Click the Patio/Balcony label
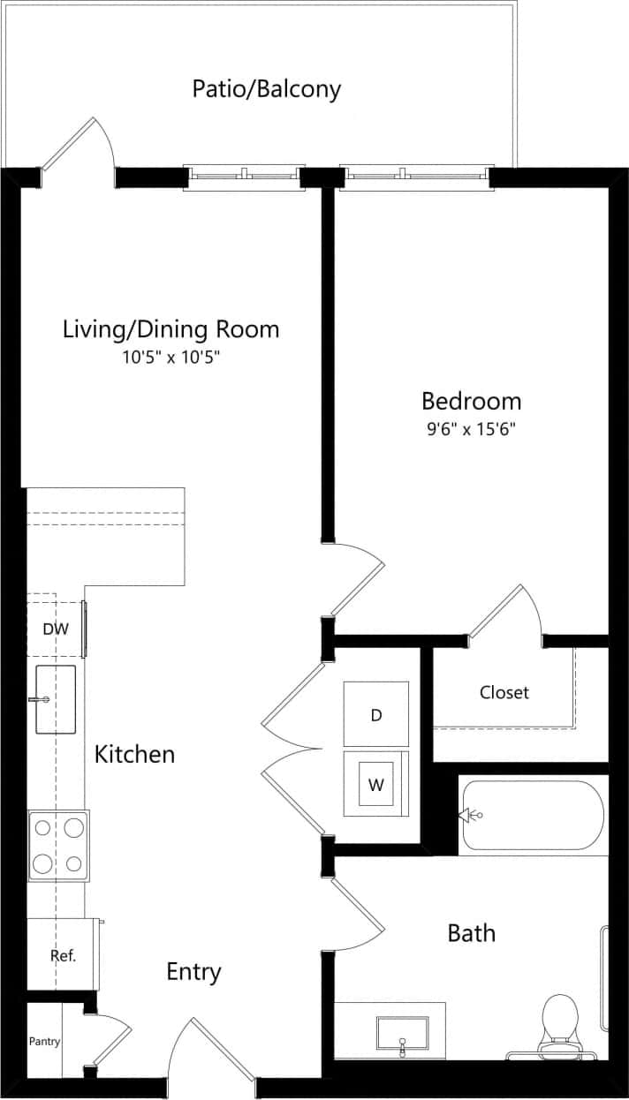[267, 89]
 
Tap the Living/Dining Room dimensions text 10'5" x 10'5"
[171, 358]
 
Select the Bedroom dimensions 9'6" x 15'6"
[470, 430]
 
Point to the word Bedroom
[471, 402]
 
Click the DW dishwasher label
[55, 629]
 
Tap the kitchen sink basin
[55, 699]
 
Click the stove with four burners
[58, 844]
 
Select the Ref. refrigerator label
[62, 955]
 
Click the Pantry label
[44, 1042]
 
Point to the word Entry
[193, 972]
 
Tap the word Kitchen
[134, 755]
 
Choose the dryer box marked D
[376, 714]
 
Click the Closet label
[504, 692]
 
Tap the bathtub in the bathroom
[533, 816]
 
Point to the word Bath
[471, 933]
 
